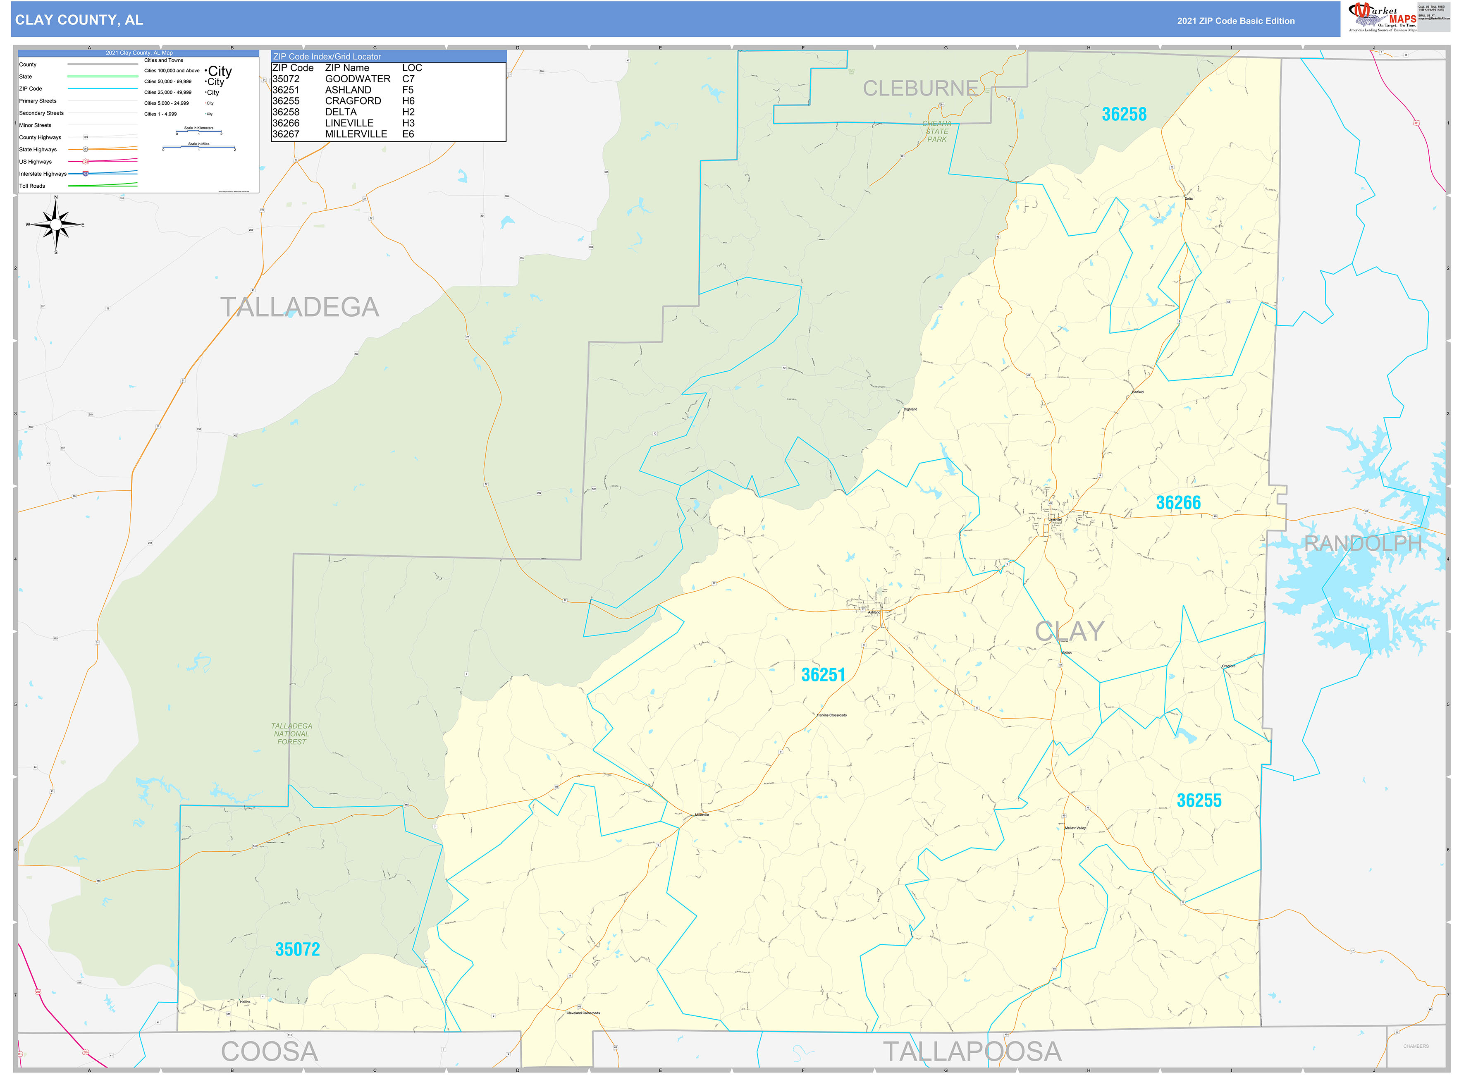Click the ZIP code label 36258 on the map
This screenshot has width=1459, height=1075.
pyautogui.click(x=1123, y=115)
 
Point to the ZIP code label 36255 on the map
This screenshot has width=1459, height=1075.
pyautogui.click(x=1198, y=800)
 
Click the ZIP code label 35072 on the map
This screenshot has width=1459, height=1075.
pyautogui.click(x=297, y=949)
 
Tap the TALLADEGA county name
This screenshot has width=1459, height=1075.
pyautogui.click(x=299, y=307)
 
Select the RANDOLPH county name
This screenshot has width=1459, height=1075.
pyautogui.click(x=1363, y=543)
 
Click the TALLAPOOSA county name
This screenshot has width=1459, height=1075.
pyautogui.click(x=971, y=1051)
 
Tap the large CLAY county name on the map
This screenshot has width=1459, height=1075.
pyautogui.click(x=1069, y=631)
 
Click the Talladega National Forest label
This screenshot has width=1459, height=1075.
pyautogui.click(x=291, y=733)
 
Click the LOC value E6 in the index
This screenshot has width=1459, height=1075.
pyautogui.click(x=408, y=134)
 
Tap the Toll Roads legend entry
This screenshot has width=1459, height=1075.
pyautogui.click(x=33, y=186)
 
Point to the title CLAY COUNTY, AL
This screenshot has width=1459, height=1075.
pyautogui.click(x=79, y=20)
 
